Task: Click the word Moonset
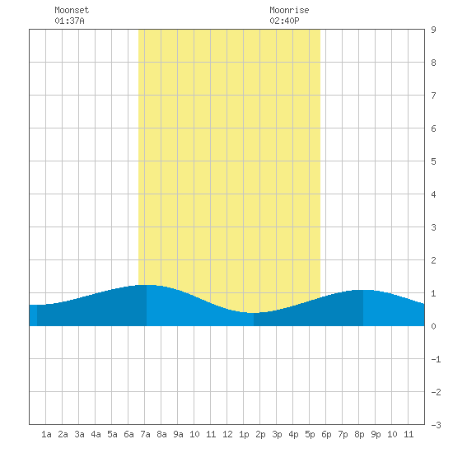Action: [72, 10]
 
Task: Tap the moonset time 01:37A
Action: [69, 21]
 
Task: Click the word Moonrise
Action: [289, 10]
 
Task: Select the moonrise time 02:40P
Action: [284, 21]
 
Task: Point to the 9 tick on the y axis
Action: [433, 30]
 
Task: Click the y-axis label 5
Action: [433, 161]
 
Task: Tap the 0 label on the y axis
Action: [433, 326]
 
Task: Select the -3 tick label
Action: [436, 425]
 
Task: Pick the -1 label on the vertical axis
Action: [436, 359]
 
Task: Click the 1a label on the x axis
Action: [46, 434]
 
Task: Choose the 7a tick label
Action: [145, 434]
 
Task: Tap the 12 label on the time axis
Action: [227, 434]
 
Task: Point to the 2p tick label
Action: [260, 434]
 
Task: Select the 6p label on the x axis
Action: [326, 434]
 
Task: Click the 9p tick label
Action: [376, 434]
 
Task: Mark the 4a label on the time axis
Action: [96, 434]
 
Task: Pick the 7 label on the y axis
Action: [433, 96]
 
